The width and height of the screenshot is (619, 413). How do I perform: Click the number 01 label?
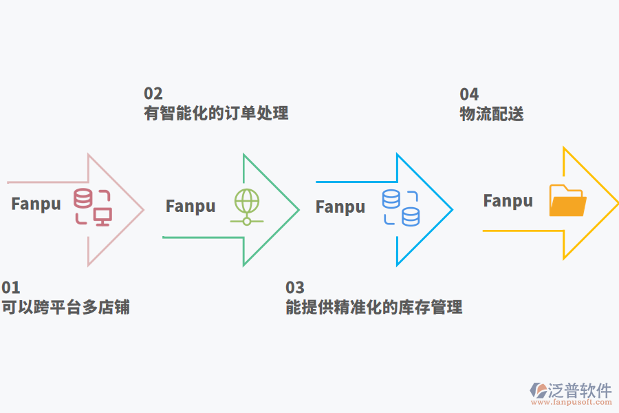[x=11, y=288]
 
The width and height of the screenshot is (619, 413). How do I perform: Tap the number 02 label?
[x=153, y=94]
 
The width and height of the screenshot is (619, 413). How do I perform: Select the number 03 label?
[x=294, y=288]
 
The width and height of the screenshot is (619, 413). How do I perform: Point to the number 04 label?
[x=469, y=94]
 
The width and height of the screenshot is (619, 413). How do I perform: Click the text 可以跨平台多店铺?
[x=66, y=307]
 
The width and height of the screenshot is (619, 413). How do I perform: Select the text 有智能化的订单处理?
[x=216, y=113]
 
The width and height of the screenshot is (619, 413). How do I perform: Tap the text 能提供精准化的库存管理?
[x=373, y=307]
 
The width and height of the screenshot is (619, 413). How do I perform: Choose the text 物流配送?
[x=492, y=114]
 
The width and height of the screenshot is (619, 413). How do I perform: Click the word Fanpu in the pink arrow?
[x=36, y=204]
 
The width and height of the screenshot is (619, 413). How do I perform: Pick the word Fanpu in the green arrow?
[x=191, y=206]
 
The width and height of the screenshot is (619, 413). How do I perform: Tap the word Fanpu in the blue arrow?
[x=340, y=206]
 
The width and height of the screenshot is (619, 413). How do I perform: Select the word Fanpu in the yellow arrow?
[x=508, y=201]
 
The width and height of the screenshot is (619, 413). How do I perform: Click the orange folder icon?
[x=567, y=201]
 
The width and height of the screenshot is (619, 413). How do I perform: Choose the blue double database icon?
[x=401, y=208]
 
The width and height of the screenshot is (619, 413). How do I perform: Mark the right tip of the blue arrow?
[x=452, y=209]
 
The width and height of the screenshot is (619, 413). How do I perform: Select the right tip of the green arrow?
[x=298, y=209]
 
